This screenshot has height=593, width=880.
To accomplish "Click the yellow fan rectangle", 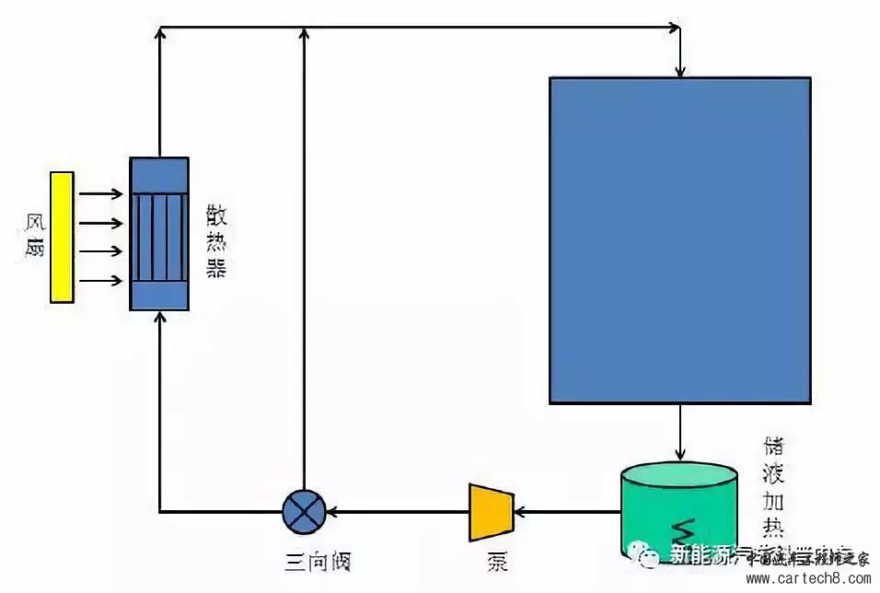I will [62, 237].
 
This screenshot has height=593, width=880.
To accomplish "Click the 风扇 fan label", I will [34, 237].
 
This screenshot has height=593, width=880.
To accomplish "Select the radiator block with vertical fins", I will [159, 234].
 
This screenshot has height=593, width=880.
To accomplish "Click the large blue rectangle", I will [679, 239].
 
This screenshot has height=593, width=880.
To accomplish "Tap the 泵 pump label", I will [497, 561].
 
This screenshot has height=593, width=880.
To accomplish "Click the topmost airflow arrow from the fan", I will [101, 194].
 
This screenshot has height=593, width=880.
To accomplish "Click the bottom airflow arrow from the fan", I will [101, 280].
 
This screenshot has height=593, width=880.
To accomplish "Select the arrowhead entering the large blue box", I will [679, 70].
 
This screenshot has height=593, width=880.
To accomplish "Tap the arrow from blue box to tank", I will [679, 433].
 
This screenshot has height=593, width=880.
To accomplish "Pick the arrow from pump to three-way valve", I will [396, 510].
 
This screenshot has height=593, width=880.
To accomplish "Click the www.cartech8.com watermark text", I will [807, 579].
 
